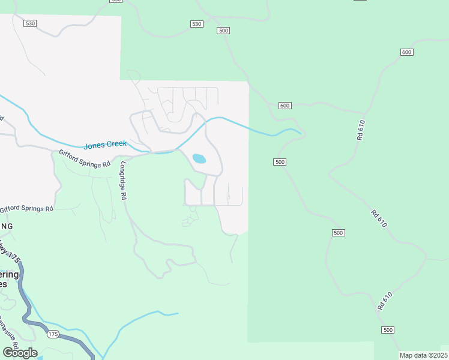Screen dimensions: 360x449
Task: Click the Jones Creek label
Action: [x=105, y=145]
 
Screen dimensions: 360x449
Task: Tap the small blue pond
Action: [x=199, y=159]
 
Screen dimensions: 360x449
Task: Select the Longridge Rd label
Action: [x=124, y=180]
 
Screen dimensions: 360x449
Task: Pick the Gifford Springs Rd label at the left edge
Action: [x=26, y=209]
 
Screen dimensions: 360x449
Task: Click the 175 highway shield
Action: [x=53, y=334]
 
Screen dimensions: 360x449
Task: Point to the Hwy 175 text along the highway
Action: [x=11, y=252]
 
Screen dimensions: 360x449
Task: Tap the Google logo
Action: [x=20, y=353]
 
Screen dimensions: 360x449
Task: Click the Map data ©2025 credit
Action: [x=423, y=356]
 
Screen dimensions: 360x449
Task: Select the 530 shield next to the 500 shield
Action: [x=196, y=24]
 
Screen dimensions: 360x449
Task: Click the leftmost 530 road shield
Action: [x=30, y=23]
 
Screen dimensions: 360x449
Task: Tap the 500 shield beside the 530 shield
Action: [x=224, y=31]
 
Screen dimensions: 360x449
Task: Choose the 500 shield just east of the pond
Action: [x=279, y=162]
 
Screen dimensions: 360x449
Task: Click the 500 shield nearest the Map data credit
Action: [x=388, y=330]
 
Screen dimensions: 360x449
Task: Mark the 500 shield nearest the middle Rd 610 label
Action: [x=338, y=232]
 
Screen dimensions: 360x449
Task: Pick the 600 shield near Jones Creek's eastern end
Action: [x=285, y=106]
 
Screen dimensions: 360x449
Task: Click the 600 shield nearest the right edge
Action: [x=407, y=52]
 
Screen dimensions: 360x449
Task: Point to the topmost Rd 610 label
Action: [x=361, y=130]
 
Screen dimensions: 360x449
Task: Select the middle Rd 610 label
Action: [x=378, y=218]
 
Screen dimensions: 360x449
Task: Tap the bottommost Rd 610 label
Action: [x=385, y=301]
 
